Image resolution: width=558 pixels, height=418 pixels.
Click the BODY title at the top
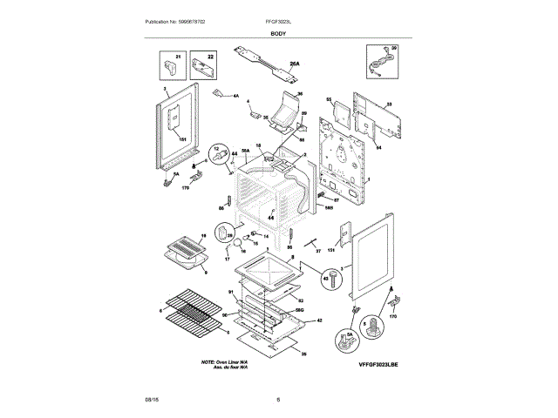[278, 32]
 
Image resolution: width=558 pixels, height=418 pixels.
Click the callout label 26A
[295, 64]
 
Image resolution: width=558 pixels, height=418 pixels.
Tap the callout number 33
[389, 104]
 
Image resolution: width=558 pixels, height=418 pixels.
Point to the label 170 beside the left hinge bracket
[186, 187]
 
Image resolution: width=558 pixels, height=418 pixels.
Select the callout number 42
[320, 320]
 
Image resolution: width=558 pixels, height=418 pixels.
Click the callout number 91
[231, 293]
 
